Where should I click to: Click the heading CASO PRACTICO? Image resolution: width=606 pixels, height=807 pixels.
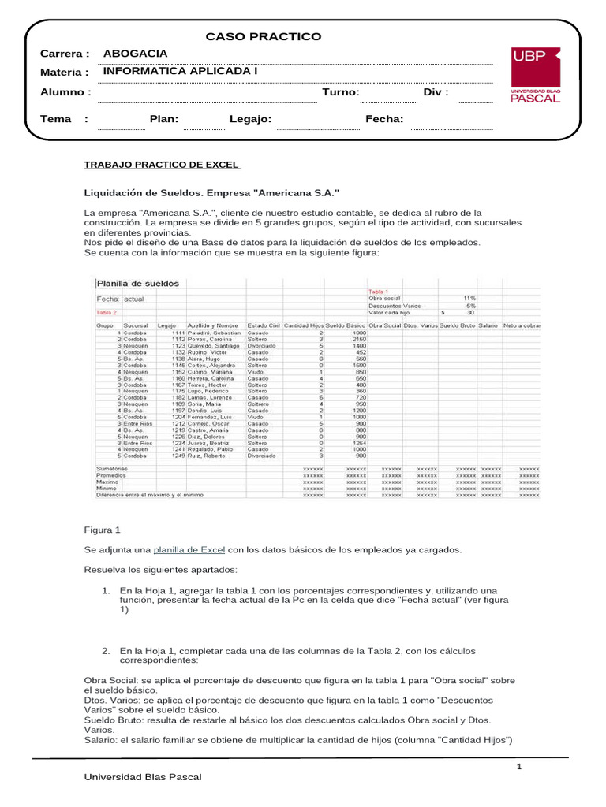[x=264, y=36]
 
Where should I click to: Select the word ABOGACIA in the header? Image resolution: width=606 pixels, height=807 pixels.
[x=136, y=53]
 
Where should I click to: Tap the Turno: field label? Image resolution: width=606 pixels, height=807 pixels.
[x=341, y=92]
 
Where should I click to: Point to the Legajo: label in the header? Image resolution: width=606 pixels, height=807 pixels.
[x=250, y=119]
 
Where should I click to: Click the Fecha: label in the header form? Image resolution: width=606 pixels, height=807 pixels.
[x=384, y=119]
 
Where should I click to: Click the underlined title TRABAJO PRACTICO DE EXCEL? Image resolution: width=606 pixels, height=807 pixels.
[x=162, y=165]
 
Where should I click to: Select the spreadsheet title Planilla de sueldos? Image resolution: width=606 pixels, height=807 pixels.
[x=138, y=283]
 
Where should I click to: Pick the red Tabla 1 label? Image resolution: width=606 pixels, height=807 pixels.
[x=380, y=291]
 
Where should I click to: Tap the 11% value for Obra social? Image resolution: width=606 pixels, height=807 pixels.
[x=469, y=298]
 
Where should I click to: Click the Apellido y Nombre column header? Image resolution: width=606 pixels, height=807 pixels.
[x=213, y=325]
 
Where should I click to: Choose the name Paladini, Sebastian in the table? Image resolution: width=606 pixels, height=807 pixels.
[x=215, y=333]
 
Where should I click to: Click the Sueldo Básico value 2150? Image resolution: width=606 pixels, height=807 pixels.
[x=359, y=340]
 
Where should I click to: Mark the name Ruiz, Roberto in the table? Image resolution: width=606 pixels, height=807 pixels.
[x=208, y=456]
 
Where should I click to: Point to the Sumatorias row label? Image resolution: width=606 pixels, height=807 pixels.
[x=112, y=469]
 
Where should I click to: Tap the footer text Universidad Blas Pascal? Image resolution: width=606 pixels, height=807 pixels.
[x=143, y=777]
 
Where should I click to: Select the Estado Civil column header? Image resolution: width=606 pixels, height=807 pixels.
[x=264, y=325]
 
